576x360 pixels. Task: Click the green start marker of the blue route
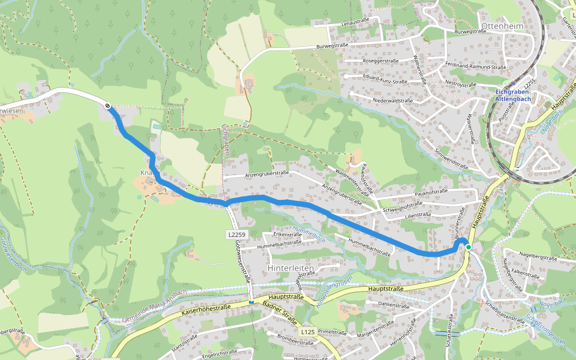[x=469, y=247]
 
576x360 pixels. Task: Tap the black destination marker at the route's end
[x=107, y=106]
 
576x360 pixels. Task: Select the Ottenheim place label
[x=502, y=26]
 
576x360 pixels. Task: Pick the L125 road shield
[x=308, y=331]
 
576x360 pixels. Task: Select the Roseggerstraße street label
[x=382, y=61]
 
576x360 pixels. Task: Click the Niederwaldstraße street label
[x=392, y=100]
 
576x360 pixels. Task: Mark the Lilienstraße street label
[x=418, y=214]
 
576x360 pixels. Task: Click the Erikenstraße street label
[x=287, y=235]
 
